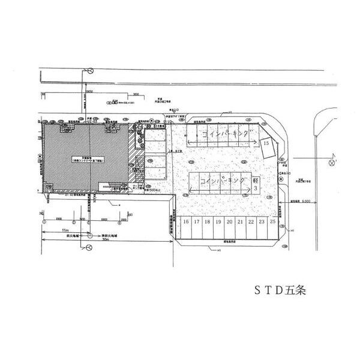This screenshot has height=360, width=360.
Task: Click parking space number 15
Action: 265,143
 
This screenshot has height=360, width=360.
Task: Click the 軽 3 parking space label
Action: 255,184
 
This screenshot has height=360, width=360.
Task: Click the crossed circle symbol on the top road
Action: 90,71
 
